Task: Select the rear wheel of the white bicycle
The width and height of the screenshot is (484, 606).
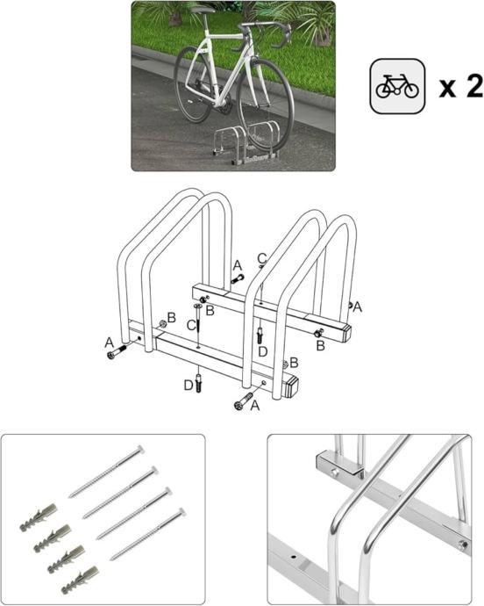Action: pos(194,83)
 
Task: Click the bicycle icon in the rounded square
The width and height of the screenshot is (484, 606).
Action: pos(397,87)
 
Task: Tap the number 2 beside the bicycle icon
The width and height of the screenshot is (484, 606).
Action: pos(474,86)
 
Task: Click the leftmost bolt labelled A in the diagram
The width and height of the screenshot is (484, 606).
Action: pos(117,351)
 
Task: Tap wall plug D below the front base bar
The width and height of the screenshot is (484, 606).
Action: pos(199,384)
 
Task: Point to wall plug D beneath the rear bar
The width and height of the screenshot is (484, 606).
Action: pos(260,335)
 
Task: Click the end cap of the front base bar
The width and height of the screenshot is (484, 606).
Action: pos(294,386)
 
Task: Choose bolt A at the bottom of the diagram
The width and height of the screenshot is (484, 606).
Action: pos(244,400)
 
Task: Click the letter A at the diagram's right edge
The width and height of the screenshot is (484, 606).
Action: pos(358,307)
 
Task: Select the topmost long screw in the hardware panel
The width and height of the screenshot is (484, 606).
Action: pos(107,472)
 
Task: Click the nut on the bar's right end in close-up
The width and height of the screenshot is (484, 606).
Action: pos(463,545)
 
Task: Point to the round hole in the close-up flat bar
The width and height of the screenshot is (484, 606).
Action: pos(294,558)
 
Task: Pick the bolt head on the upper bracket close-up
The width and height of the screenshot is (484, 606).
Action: pos(335,472)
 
